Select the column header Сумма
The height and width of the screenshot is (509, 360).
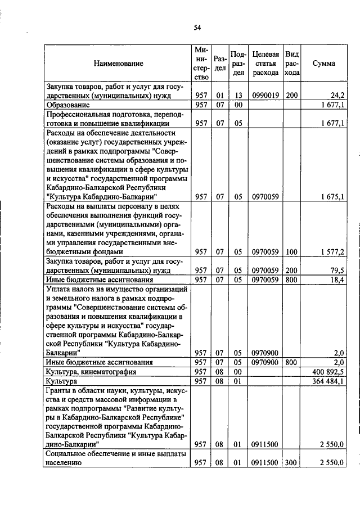[x=323, y=64]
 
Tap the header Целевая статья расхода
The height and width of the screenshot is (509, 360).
[x=265, y=64]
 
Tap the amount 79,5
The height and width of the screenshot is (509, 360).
[x=337, y=271]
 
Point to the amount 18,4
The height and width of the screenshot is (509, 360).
[x=337, y=280]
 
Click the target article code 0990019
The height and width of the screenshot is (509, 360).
[x=265, y=96]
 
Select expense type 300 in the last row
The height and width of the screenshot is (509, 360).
[x=291, y=463]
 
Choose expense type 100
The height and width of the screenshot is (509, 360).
[x=291, y=253]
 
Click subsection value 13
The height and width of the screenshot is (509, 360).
[x=238, y=96]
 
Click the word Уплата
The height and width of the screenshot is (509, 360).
[x=58, y=289]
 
